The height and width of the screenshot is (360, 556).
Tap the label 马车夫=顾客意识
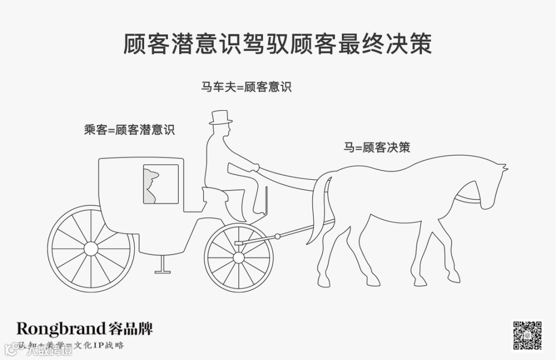click(x=246, y=87)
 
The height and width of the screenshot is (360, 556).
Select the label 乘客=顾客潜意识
click(x=129, y=129)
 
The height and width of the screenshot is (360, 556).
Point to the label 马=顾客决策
click(x=377, y=147)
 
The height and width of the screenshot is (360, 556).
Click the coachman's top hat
click(x=220, y=117)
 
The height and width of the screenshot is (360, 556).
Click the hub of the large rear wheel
click(x=91, y=249)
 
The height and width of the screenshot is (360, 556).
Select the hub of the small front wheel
click(x=238, y=256)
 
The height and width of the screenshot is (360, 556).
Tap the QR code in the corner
click(x=527, y=335)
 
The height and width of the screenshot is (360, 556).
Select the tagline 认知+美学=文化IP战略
click(x=71, y=345)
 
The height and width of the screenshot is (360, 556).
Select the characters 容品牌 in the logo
click(x=131, y=329)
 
